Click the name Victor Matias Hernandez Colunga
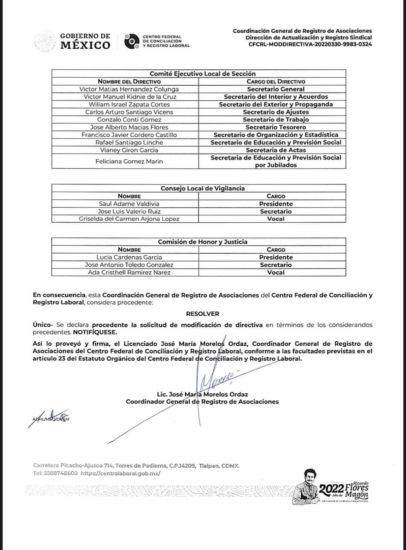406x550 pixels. [129, 89]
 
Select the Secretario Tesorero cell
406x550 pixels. [276, 127]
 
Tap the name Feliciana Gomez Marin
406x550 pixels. [129, 161]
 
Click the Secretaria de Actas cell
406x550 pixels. [276, 150]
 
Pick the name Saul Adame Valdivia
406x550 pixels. [129, 204]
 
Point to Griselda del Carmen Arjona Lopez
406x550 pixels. [129, 219]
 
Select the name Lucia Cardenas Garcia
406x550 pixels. [129, 257]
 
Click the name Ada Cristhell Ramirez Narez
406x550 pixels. [129, 272]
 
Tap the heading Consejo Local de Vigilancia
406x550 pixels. [202, 188]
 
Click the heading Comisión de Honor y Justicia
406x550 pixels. [202, 242]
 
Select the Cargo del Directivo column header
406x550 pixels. [276, 81]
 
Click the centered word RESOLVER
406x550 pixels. [202, 314]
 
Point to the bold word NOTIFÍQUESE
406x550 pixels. [95, 332]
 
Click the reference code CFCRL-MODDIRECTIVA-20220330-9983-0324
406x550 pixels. [310, 44]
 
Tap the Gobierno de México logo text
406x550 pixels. [85, 41]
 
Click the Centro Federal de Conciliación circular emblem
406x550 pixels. [132, 41]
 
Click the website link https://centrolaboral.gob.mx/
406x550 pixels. [120, 473]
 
